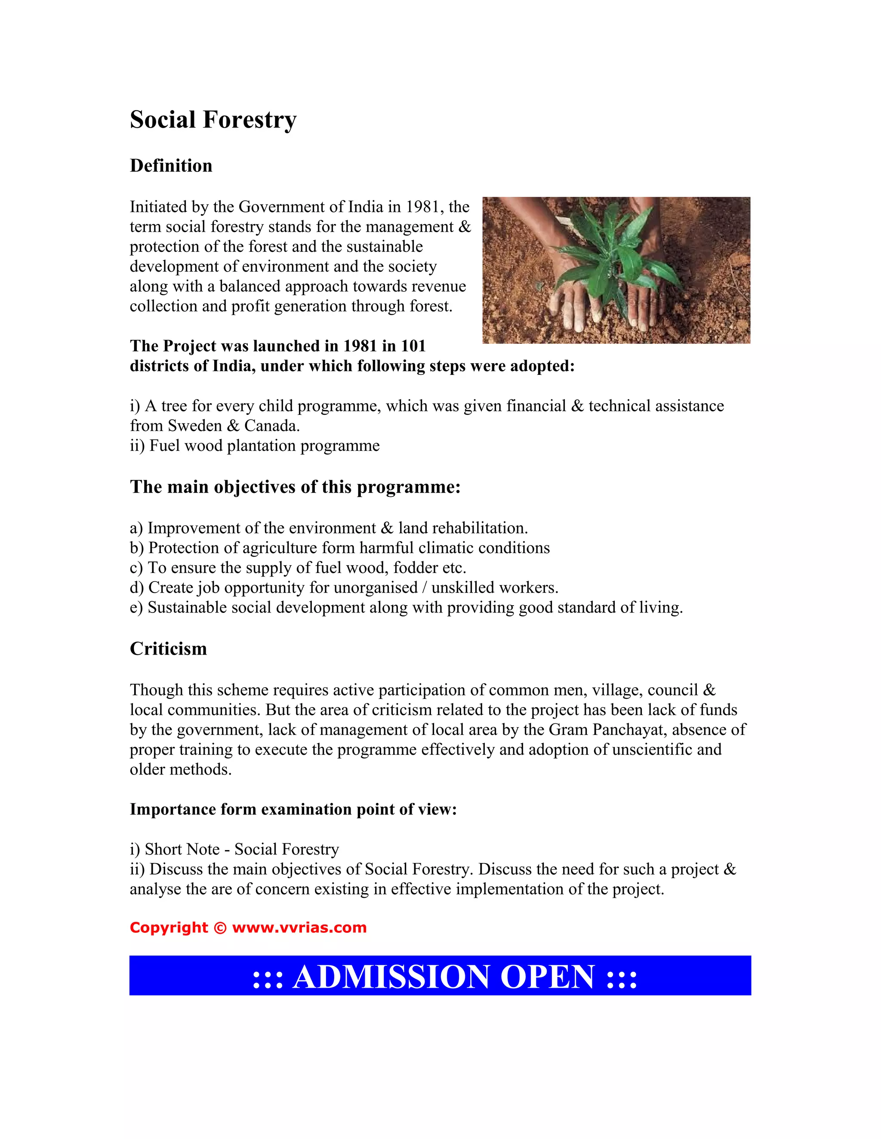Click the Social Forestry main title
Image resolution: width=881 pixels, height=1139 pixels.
[213, 119]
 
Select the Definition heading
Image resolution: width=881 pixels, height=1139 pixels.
[171, 166]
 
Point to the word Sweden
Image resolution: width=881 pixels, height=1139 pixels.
[193, 426]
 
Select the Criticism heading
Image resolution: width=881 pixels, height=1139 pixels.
[168, 649]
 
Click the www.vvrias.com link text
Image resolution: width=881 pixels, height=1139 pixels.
[299, 927]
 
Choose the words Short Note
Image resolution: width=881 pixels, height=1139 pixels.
[182, 849]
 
